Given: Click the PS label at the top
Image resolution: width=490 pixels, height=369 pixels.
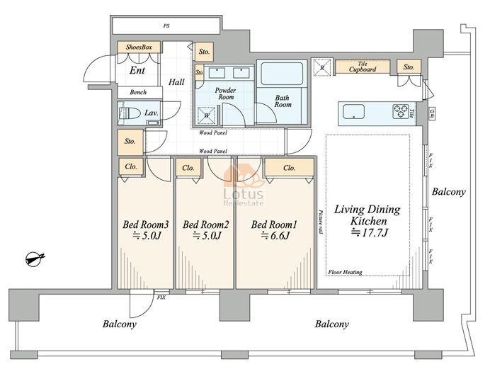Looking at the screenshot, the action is coord(166,26).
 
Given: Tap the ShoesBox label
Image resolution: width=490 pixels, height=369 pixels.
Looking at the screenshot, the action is coord(139,47).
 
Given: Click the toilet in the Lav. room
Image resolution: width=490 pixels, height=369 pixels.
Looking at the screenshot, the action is coord(130,113).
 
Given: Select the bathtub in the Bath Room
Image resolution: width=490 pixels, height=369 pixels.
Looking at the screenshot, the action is coord(282,74).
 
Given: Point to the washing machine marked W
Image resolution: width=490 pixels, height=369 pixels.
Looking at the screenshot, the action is coord(207,115).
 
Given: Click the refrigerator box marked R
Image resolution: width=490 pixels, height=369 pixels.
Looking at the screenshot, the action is coord(322,67).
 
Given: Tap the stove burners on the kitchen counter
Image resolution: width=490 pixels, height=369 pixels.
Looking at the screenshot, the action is coord(401,111).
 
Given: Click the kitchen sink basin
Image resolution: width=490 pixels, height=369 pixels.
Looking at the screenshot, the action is coord(353,111).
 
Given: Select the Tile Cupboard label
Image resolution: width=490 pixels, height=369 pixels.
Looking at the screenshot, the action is coord(363,67).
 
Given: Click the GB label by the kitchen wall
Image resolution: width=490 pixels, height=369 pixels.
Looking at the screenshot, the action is coord(432,113).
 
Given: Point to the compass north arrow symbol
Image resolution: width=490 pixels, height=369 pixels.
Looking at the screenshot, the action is coord(35,259).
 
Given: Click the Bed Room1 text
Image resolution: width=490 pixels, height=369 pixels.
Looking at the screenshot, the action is coord(274,225).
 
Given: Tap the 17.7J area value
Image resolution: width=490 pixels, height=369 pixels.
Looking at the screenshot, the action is coord(369,233).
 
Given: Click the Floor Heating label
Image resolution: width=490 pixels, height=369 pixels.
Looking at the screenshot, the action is coord(345,272).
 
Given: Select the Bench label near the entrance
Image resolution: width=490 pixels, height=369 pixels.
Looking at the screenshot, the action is coord(138,92).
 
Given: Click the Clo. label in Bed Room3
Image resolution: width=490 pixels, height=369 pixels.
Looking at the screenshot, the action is coord(131,166).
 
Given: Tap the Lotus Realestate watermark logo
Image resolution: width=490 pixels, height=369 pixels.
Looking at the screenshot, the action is coord(244,185).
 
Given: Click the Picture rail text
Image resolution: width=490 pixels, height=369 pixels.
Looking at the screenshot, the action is coord(321,222).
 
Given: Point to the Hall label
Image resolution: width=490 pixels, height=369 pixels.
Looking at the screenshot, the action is coord(176,82).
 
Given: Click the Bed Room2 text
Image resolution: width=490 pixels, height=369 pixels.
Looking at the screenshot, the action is coord(205,225).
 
